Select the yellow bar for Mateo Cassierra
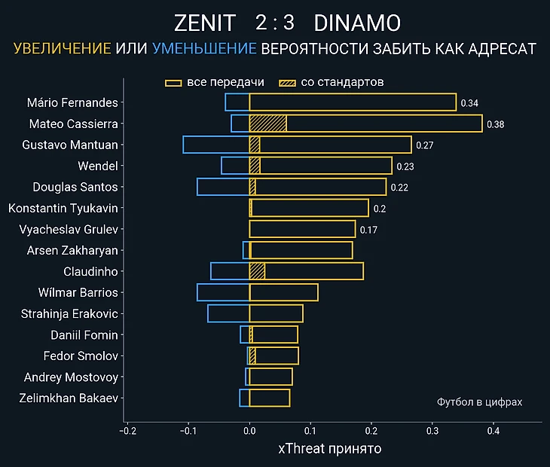[384, 124]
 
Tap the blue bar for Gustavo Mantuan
[215, 145]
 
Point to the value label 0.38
[495, 124]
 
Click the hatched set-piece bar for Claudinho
[257, 271]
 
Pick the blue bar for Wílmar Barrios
[223, 292]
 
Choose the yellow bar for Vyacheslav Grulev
[302, 229]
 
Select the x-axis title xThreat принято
[330, 449]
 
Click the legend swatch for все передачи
[173, 82]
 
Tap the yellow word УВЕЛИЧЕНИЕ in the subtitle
[63, 50]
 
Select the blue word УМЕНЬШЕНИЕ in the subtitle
[204, 50]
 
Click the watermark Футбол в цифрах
[479, 402]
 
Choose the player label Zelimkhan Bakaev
[69, 398]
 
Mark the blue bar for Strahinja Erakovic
[228, 313]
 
